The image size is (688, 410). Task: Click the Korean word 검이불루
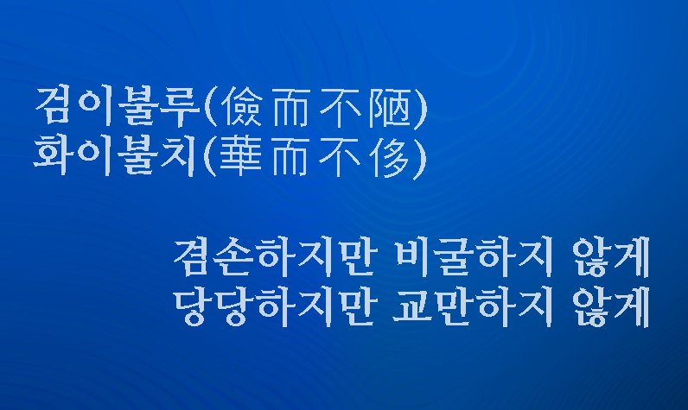(x=117, y=108)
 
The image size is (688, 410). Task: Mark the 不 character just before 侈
(x=341, y=158)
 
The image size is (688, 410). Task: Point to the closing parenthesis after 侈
(x=421, y=158)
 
